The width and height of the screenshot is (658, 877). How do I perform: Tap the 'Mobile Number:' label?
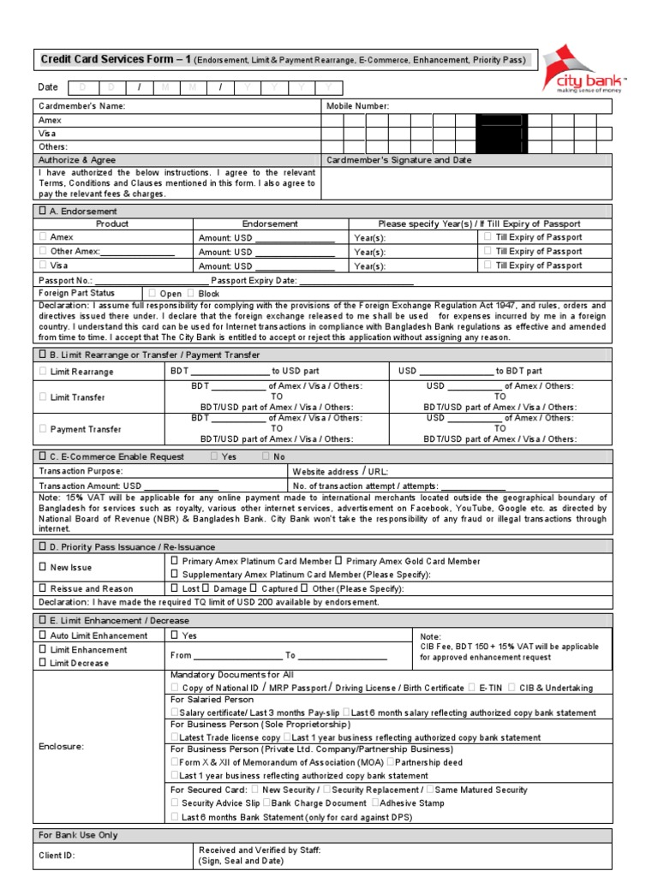357,106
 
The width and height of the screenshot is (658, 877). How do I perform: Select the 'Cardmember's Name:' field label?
82,106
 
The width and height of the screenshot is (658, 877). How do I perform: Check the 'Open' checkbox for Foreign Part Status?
153,293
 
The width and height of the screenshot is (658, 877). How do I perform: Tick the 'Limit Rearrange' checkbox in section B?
44,372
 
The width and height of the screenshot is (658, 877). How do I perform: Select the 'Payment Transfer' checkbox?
44,429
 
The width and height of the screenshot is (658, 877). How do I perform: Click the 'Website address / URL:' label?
340,471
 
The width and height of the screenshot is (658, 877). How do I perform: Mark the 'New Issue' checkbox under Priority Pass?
44,567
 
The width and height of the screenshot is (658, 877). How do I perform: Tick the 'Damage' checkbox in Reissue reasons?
206,588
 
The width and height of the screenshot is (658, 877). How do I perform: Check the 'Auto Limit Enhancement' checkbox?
44,635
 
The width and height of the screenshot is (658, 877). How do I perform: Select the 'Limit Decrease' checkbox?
44,663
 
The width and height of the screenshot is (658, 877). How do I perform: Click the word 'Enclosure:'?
62,747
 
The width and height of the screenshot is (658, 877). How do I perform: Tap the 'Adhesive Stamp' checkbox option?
375,803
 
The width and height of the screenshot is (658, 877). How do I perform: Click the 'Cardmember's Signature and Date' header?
399,160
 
